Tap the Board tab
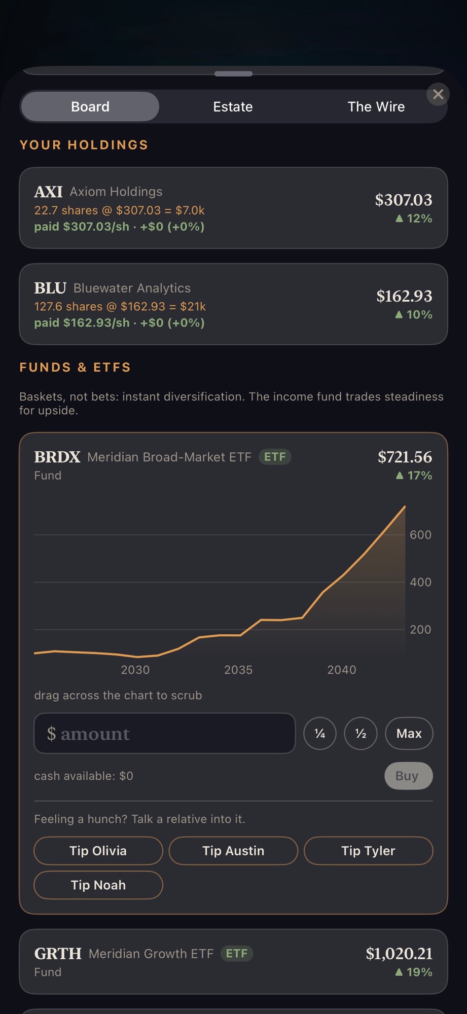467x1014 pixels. coord(90,106)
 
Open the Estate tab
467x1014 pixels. coord(233,106)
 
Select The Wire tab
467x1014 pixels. coord(376,106)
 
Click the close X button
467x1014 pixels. coord(438,94)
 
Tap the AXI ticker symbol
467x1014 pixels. coord(48,192)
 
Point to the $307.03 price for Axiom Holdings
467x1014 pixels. coord(404,200)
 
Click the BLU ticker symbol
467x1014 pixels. coord(50,288)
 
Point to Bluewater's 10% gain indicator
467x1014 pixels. coord(414,314)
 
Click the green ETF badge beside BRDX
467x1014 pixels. coord(275,457)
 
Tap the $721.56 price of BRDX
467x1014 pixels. coord(405,457)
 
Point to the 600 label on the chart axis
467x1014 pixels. coord(420,535)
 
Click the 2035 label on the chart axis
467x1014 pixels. coord(238,670)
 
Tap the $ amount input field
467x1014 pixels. coord(165,733)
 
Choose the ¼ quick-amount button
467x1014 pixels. coord(320,733)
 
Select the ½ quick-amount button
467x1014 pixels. coord(361,733)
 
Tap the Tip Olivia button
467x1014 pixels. coord(98,851)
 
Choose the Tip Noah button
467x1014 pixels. coord(98,885)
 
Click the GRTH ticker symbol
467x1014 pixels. coord(58,954)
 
